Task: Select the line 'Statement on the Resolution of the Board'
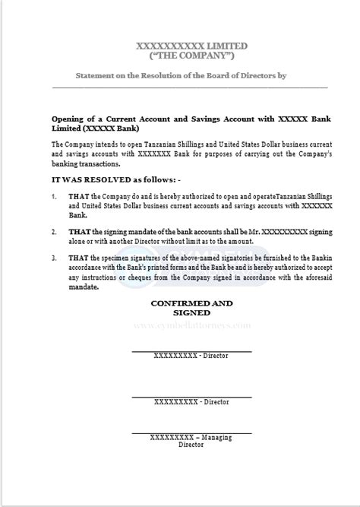pos(181,77)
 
